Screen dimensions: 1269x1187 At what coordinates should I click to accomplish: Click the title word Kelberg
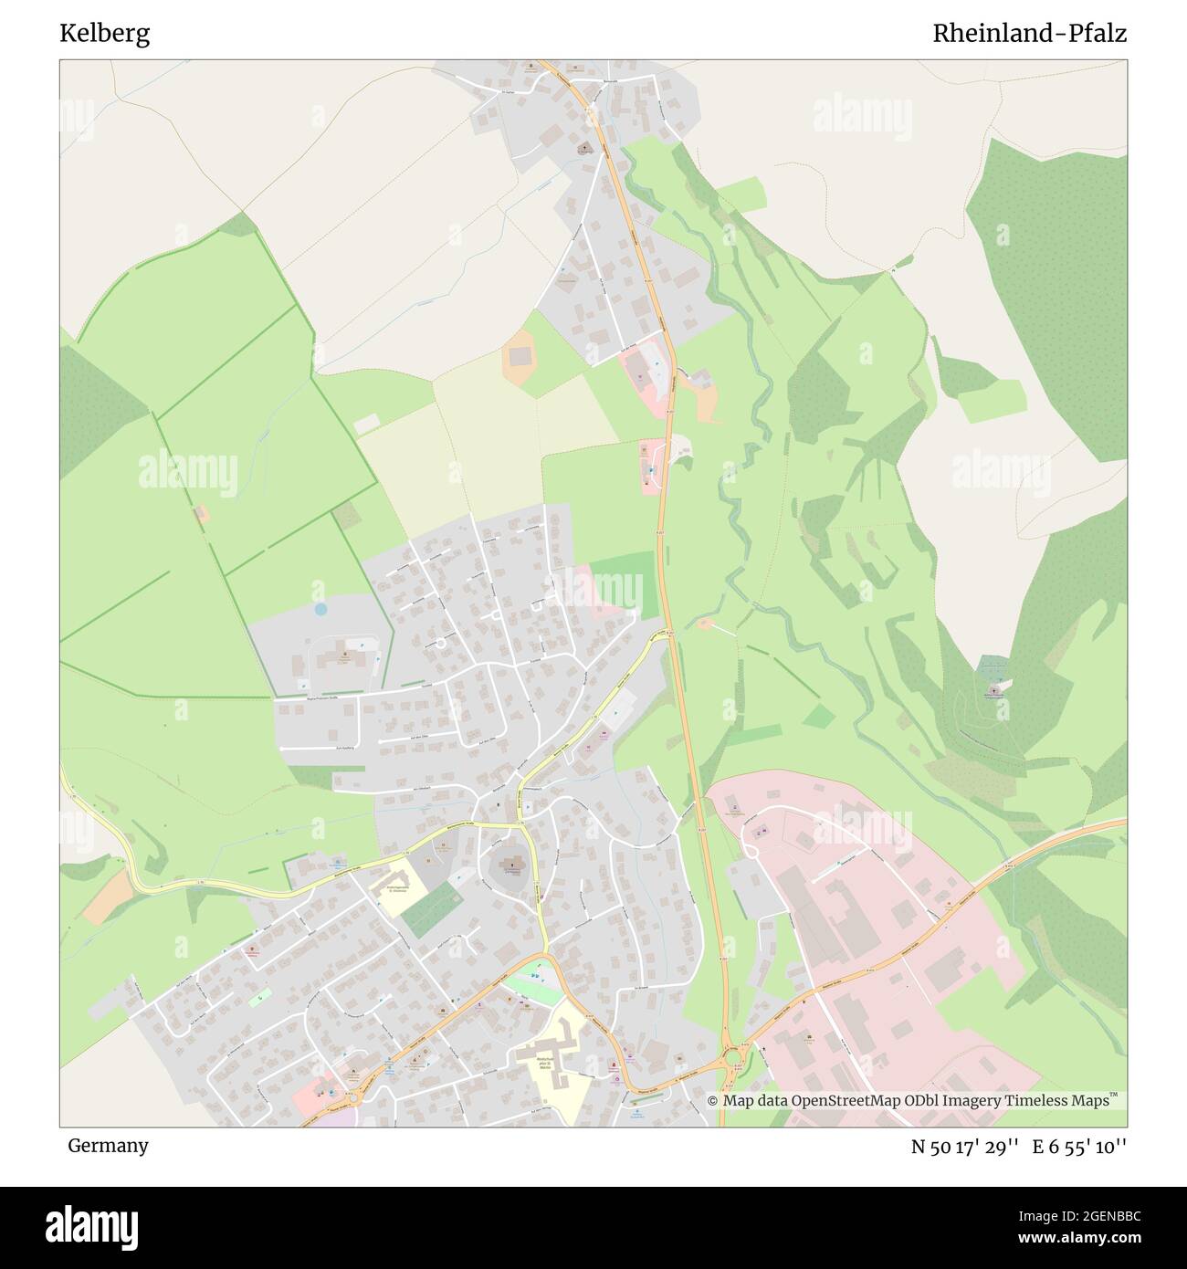[x=105, y=34]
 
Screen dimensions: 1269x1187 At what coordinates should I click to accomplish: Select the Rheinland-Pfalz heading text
[x=1029, y=34]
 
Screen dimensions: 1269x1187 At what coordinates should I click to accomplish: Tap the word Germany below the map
[x=108, y=1145]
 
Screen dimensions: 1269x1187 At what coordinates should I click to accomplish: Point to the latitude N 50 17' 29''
[x=965, y=1147]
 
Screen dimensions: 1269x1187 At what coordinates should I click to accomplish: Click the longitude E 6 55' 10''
[x=1079, y=1147]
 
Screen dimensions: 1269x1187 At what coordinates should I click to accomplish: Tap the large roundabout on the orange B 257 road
[x=732, y=1059]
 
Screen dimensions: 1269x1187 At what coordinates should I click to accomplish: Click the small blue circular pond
[x=320, y=608]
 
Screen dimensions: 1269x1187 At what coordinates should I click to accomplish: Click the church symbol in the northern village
[x=584, y=146]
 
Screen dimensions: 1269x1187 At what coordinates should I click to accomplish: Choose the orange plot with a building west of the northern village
[x=520, y=356]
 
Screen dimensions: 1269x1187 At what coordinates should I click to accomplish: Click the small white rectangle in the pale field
[x=366, y=425]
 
